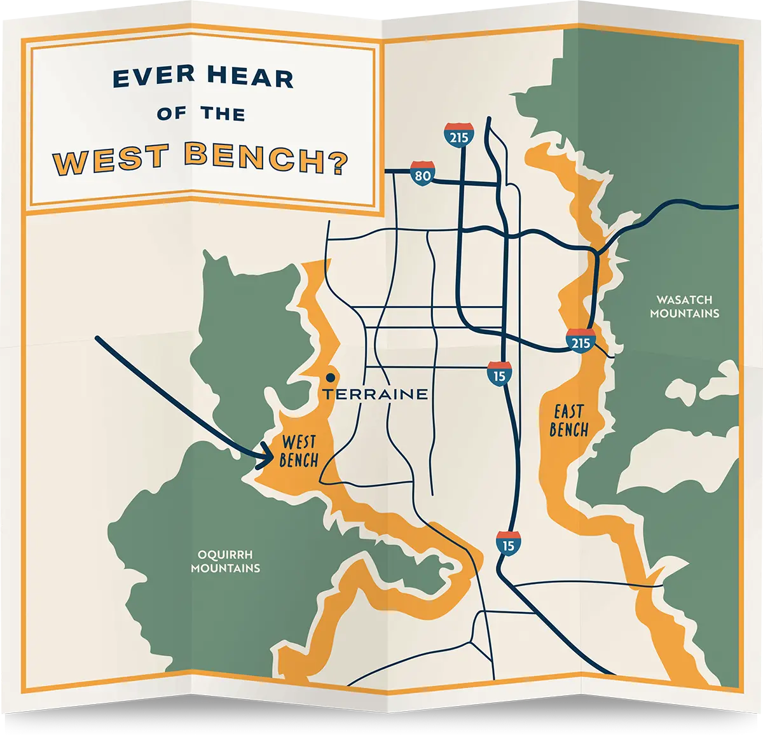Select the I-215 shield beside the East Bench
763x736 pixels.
tap(581, 341)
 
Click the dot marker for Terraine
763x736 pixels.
tap(329, 377)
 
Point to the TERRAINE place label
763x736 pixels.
tap(375, 394)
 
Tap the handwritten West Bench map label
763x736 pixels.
tap(298, 451)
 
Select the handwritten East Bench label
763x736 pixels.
tap(569, 420)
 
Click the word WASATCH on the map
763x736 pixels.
tap(684, 300)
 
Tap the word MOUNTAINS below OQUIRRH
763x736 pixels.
tap(225, 568)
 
